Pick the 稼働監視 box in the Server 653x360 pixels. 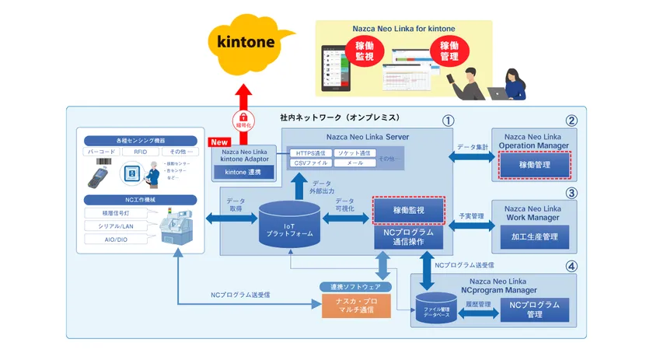[x=409, y=210]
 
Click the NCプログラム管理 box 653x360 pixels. [x=536, y=309]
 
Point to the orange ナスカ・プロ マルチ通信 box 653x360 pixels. [x=357, y=304]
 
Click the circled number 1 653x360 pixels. [x=447, y=121]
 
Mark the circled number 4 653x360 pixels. [x=571, y=266]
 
